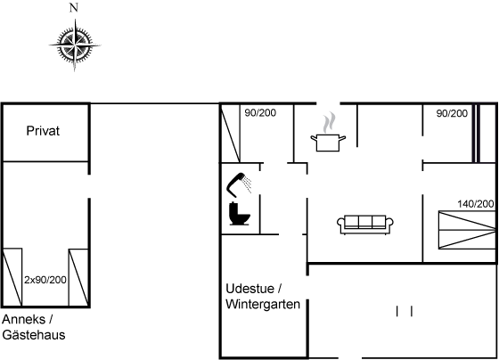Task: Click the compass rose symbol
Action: click(x=75, y=45)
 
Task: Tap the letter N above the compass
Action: click(x=74, y=8)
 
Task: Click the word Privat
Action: click(x=43, y=131)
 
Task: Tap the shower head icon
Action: click(x=239, y=184)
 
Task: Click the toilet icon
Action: click(x=240, y=214)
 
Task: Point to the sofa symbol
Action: click(x=365, y=225)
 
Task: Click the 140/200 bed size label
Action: click(x=476, y=204)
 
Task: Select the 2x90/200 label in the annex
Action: click(x=45, y=280)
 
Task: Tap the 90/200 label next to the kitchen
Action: click(x=260, y=112)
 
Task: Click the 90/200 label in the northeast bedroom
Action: click(x=452, y=113)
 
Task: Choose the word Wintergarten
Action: click(x=263, y=304)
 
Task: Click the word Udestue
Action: click(x=250, y=289)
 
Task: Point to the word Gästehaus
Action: click(x=34, y=335)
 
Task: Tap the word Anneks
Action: click(x=23, y=319)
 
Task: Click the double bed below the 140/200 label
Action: click(x=467, y=230)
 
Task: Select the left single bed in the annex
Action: click(x=12, y=277)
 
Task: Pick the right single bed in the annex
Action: click(x=78, y=277)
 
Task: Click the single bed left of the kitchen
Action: click(x=231, y=133)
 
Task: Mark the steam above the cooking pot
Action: click(x=329, y=122)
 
